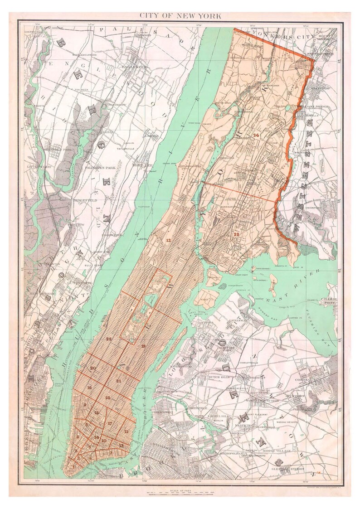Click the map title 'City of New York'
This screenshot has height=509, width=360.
[180, 16]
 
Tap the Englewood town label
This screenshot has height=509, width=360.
[135, 67]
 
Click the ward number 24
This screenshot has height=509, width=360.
[256, 135]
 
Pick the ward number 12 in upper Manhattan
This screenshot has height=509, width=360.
[168, 239]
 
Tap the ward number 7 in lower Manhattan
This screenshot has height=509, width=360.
[110, 452]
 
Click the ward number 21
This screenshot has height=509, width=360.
[119, 381]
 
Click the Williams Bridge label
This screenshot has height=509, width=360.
[312, 107]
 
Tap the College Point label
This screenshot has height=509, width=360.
[328, 302]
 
